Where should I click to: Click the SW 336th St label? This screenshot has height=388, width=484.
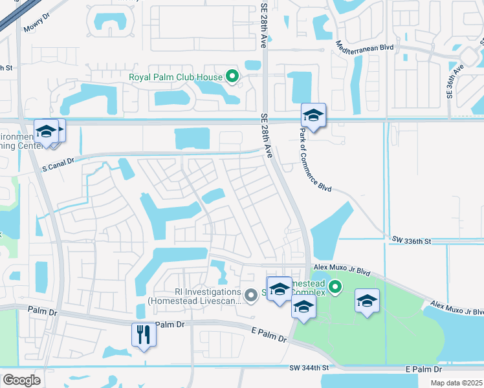point(411,241)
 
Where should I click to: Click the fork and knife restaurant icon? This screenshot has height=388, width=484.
point(143,334)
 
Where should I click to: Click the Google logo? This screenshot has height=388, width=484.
point(21,380)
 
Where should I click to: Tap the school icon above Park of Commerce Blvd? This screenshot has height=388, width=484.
point(314,116)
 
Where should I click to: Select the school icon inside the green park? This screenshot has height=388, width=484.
point(367,301)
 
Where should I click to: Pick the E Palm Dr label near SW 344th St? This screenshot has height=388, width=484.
point(423,369)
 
